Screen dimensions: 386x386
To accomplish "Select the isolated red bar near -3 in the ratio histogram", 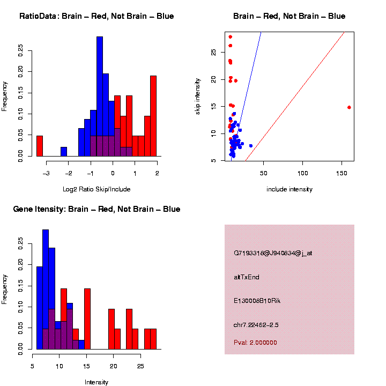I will pyautogui.click(x=39, y=146).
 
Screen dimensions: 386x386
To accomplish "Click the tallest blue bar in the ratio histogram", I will pyautogui.click(x=100, y=96).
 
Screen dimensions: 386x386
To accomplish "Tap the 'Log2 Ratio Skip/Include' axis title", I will pyautogui.click(x=96, y=189).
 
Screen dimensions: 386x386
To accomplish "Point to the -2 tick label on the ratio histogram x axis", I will pyautogui.click(x=68, y=173).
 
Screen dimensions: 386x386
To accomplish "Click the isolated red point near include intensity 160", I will pyautogui.click(x=349, y=107).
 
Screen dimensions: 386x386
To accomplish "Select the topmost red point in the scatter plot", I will pyautogui.click(x=230, y=37).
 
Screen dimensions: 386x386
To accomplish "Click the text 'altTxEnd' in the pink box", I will pyautogui.click(x=247, y=277).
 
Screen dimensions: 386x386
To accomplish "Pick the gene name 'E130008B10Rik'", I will pyautogui.click(x=257, y=301).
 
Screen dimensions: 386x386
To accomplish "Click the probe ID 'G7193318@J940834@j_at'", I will pyautogui.click(x=273, y=253).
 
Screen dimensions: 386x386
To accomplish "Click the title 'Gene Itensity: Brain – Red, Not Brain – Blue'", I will pyautogui.click(x=96, y=209).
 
